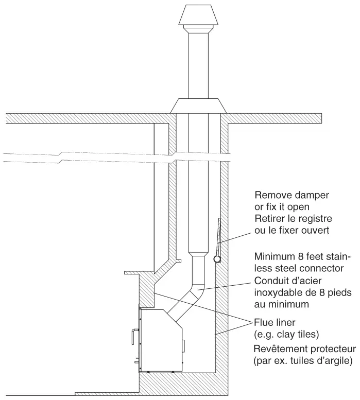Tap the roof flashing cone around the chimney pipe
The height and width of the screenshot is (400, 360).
198,106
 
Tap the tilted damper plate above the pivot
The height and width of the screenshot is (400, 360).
217,237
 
